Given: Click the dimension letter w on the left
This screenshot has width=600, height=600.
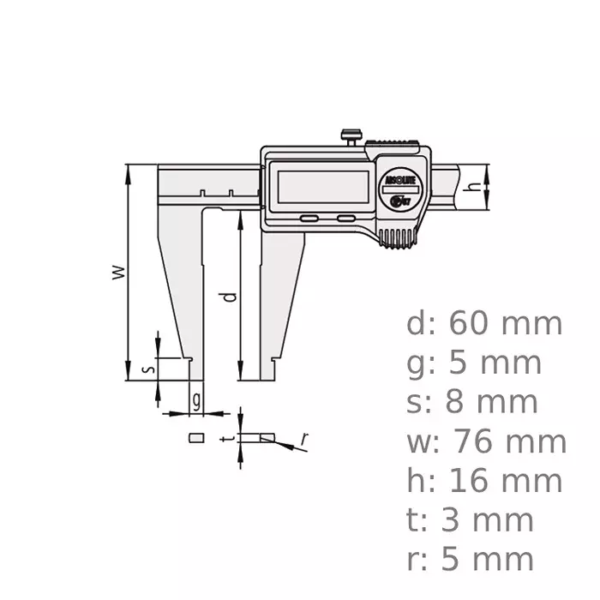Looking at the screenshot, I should [x=120, y=273].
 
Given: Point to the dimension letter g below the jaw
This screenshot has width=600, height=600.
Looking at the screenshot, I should [x=196, y=399].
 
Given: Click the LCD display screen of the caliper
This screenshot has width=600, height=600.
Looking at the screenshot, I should [x=321, y=187].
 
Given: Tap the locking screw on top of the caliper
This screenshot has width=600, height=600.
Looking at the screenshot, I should [x=351, y=135].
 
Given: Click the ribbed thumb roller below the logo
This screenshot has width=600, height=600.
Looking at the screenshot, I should [x=398, y=240].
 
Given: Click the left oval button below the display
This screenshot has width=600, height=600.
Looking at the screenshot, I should [x=309, y=219].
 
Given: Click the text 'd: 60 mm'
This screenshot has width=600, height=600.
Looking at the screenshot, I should [x=484, y=324].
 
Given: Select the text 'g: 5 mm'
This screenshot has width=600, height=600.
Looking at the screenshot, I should [x=474, y=363].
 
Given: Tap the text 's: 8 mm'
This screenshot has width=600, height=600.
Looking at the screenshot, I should [x=472, y=402].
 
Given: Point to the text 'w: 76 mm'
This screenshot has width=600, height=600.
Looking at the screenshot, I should [x=486, y=442].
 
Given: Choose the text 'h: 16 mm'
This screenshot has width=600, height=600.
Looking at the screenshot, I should [x=484, y=481].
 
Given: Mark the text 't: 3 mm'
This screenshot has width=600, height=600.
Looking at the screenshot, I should [x=471, y=520].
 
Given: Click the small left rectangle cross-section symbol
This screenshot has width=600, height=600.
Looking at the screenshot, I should [x=196, y=437].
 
